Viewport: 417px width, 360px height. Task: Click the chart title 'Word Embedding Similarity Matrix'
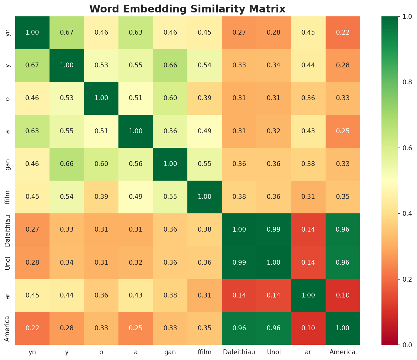tap(187, 9)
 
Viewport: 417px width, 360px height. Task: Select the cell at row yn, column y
tap(67, 32)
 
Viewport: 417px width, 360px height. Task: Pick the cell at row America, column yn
tap(32, 328)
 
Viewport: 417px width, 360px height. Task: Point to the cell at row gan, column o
tap(101, 164)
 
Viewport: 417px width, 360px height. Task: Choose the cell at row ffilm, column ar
tap(308, 197)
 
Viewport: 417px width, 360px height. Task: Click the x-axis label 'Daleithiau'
tap(239, 352)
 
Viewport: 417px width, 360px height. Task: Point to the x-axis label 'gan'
tap(170, 352)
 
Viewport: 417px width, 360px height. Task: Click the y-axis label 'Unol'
tap(8, 262)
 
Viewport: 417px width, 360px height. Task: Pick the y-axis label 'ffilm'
tap(8, 197)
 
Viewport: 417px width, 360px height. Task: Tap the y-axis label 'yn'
tap(8, 32)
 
